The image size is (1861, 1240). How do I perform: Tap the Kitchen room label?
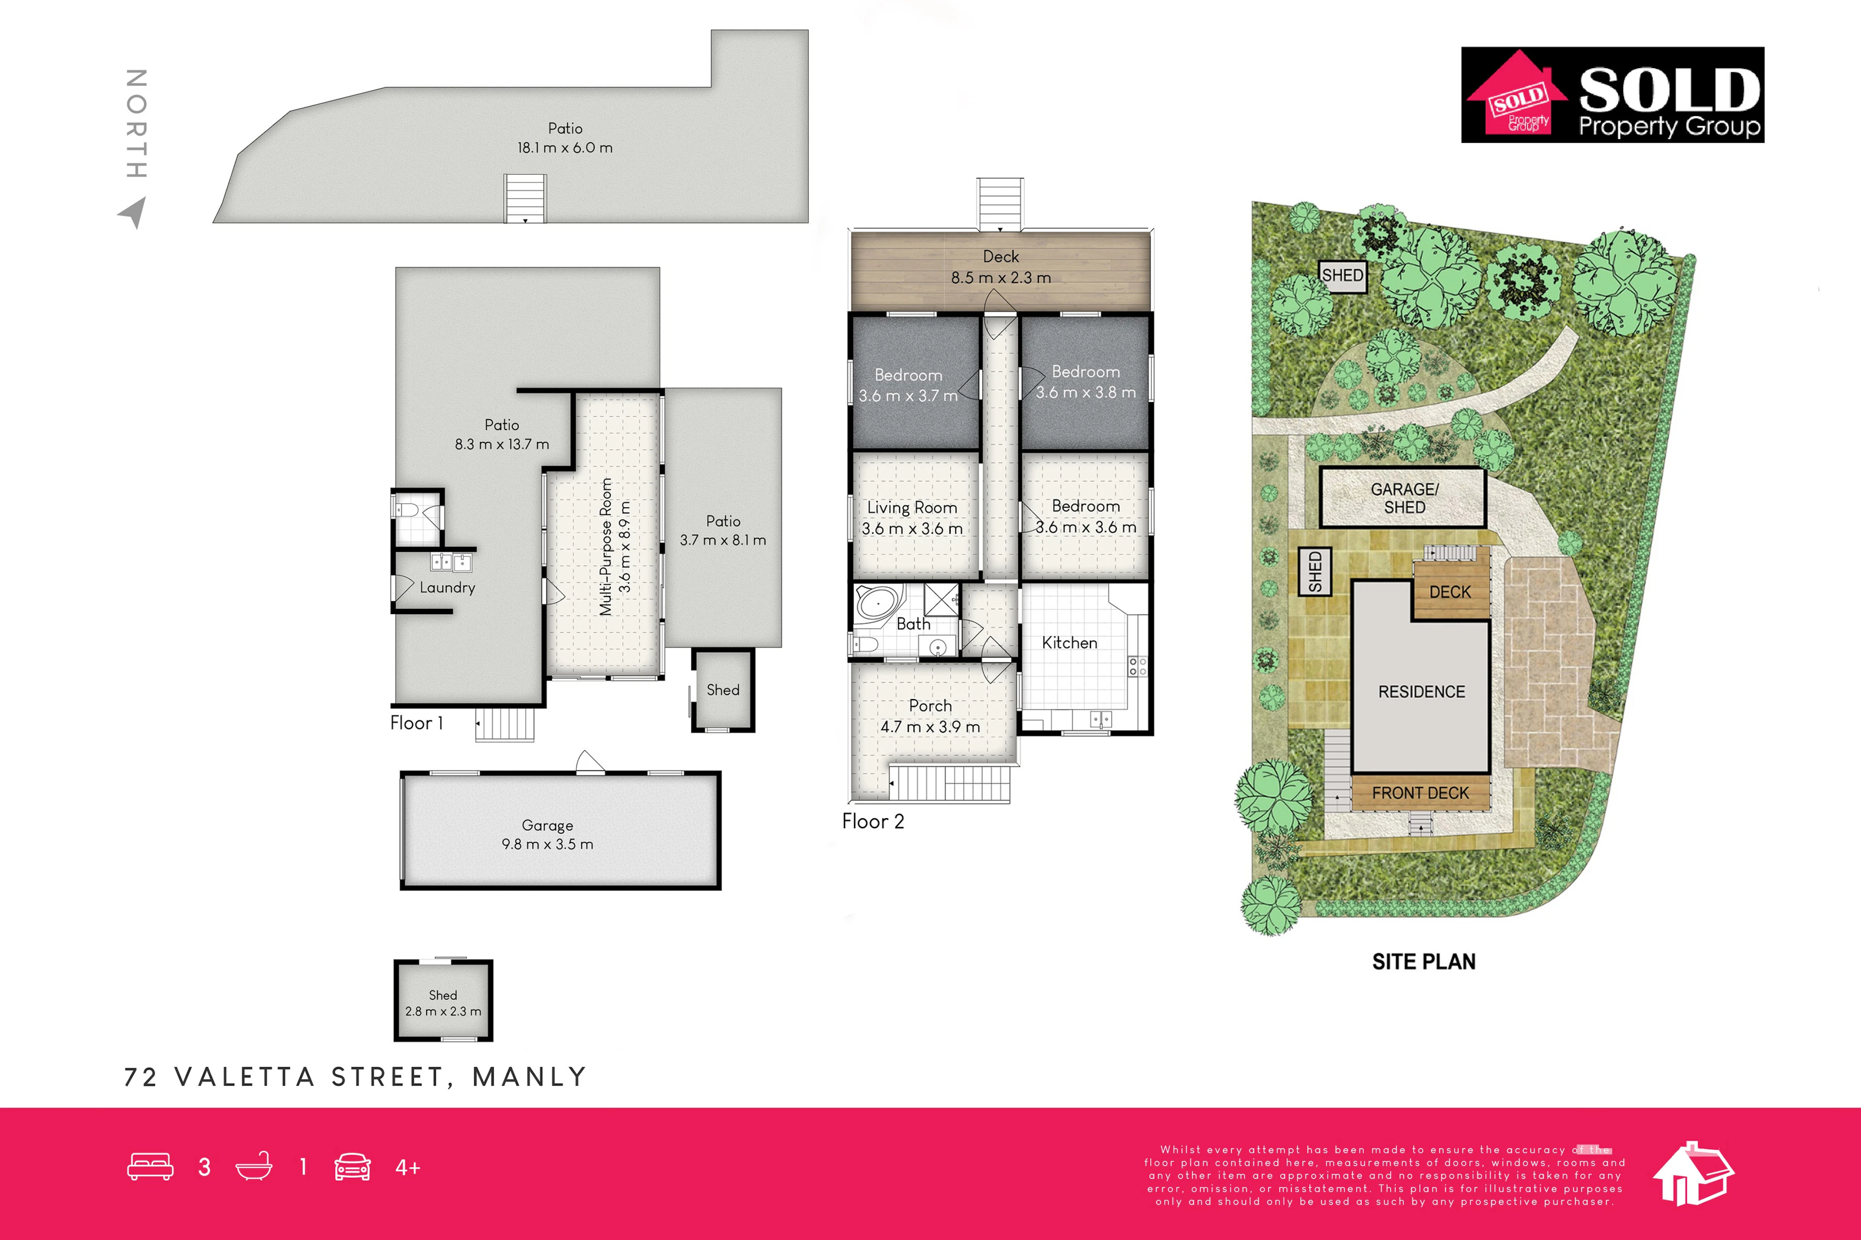pos(1069,643)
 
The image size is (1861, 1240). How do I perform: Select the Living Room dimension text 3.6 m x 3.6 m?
pos(912,528)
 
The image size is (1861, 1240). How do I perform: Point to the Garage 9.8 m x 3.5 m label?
pos(547,834)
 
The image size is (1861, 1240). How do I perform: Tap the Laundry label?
pos(448,588)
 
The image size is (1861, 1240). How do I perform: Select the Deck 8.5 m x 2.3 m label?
pos(1001,267)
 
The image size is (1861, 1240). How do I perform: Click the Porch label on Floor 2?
pos(930,705)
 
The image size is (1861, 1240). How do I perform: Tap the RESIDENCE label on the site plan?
pos(1421,692)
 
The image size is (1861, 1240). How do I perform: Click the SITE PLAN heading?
pos(1424,962)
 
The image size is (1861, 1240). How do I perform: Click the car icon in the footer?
pos(353,1167)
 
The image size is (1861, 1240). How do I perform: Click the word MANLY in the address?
pos(529,1077)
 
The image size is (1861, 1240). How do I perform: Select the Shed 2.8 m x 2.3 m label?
pos(443,1003)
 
